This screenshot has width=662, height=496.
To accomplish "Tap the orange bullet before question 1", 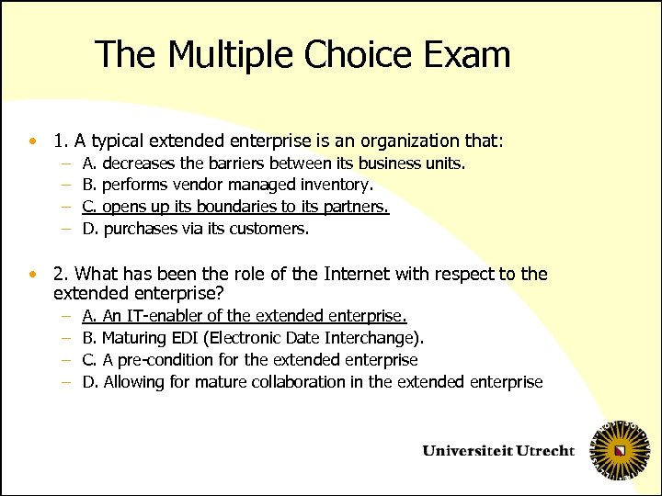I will (33, 141).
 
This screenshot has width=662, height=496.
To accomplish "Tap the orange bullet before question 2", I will (33, 274).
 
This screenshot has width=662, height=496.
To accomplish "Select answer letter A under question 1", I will (88, 163).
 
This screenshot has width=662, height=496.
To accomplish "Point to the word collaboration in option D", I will (298, 382).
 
